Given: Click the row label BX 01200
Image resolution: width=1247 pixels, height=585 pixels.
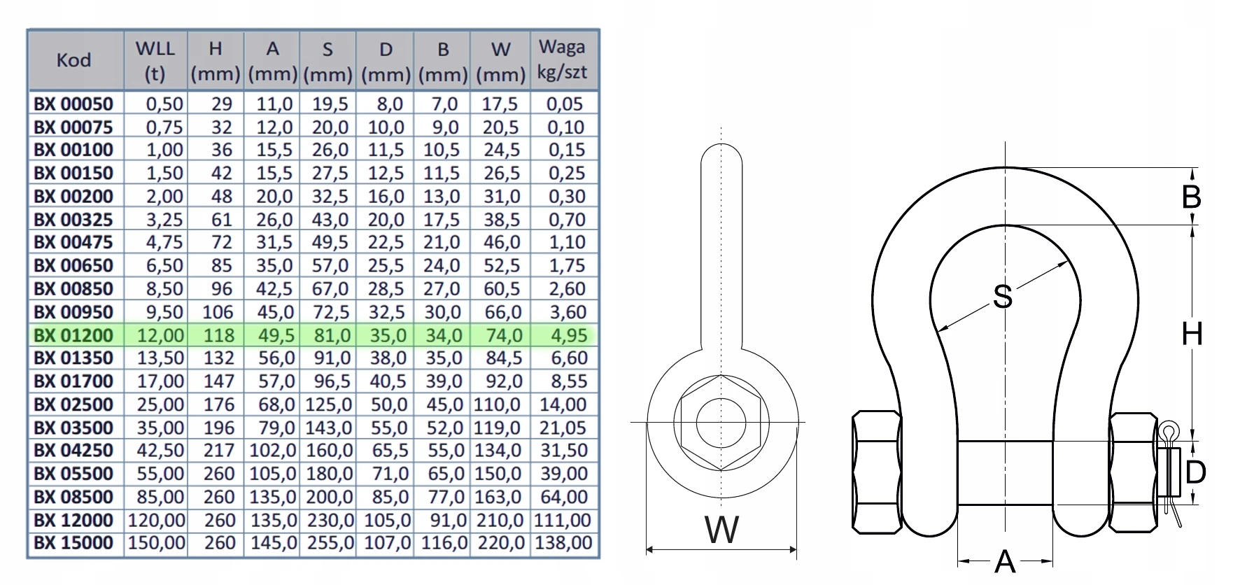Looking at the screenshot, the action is pyautogui.click(x=73, y=335).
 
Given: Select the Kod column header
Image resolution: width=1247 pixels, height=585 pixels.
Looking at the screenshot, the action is pyautogui.click(x=73, y=60).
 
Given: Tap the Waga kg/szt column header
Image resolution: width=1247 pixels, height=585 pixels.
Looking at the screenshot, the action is pyautogui.click(x=563, y=59).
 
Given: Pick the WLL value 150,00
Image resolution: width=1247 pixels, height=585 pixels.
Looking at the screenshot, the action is pyautogui.click(x=156, y=543).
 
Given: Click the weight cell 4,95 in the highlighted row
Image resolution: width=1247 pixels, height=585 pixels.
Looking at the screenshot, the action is pyautogui.click(x=568, y=335).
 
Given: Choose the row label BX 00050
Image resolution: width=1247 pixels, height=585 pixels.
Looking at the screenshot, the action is pyautogui.click(x=73, y=104).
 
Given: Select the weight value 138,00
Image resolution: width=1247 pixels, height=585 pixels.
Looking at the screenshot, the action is pyautogui.click(x=563, y=543).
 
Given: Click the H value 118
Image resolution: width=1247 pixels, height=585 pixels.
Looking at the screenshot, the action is pyautogui.click(x=218, y=335).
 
